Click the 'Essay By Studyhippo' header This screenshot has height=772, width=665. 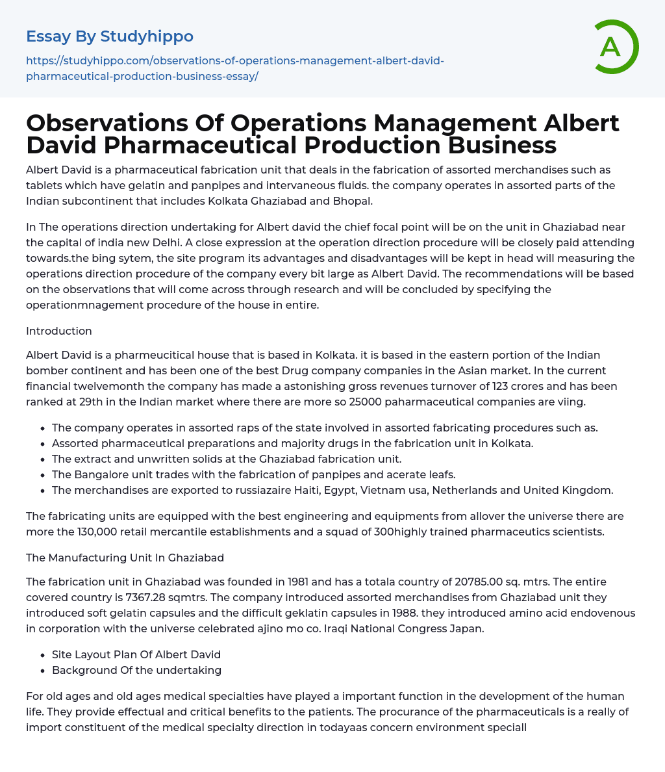[110, 36]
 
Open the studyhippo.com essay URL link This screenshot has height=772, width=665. [235, 68]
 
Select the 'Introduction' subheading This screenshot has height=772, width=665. [59, 331]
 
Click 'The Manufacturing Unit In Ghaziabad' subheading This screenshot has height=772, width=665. [125, 558]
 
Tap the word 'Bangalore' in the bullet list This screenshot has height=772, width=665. [99, 474]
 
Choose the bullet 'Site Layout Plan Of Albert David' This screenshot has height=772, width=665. [136, 654]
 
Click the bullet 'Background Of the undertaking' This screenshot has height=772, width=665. [136, 670]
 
